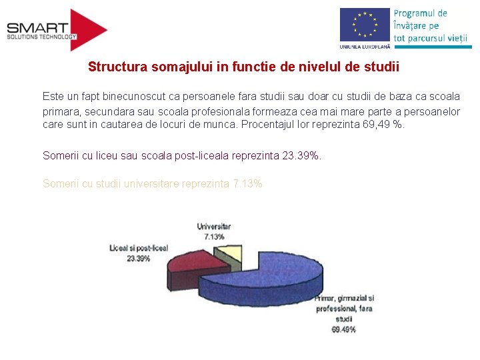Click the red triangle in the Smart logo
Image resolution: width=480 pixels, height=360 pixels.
click(87, 30)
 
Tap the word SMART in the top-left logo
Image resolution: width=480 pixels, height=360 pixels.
click(37, 28)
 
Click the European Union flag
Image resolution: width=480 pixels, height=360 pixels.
click(364, 25)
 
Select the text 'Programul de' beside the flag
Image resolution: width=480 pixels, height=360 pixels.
click(420, 13)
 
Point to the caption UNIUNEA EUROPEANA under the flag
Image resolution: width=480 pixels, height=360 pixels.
click(364, 47)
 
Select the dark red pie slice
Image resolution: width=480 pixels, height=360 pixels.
click(193, 263)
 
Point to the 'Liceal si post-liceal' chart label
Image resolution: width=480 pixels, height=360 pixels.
click(139, 248)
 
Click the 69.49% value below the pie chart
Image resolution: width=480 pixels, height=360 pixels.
click(343, 329)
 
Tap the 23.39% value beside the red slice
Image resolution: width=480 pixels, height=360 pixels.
click(139, 258)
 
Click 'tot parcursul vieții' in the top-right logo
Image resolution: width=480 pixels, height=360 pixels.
click(430, 38)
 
